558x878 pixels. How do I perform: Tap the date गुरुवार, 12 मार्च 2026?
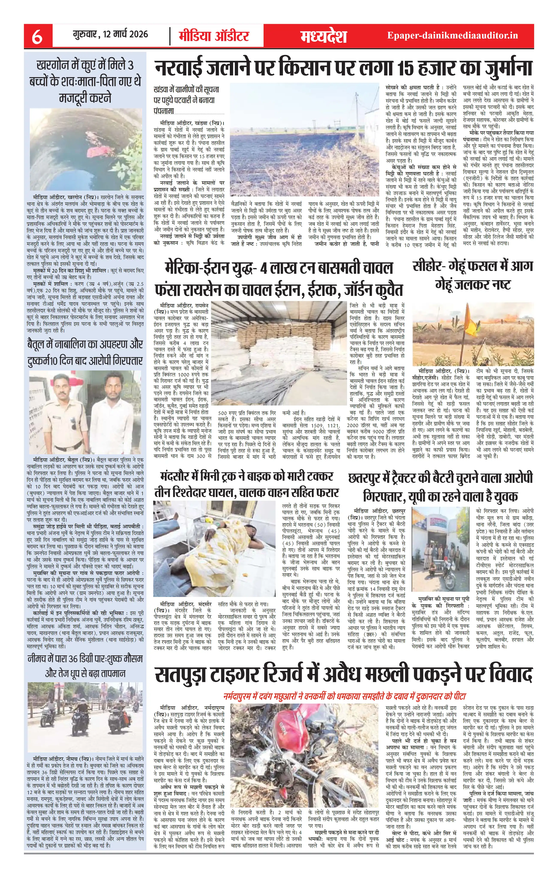tap(110, 35)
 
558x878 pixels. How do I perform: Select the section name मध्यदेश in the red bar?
tap(323, 36)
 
